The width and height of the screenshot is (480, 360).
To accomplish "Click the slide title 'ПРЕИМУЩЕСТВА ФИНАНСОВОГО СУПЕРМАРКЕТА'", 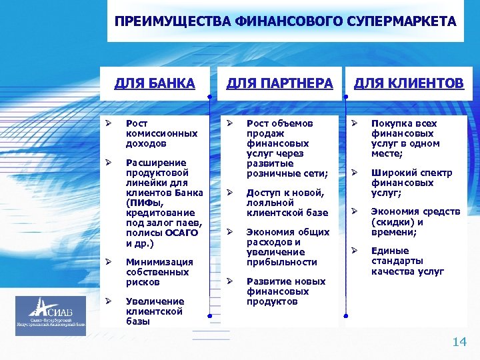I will tap(285, 21).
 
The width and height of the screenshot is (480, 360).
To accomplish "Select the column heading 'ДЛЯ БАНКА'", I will tap(155, 83).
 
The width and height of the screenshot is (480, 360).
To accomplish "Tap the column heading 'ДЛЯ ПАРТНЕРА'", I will tap(279, 83).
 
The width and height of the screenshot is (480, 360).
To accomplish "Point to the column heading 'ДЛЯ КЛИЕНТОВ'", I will tap(408, 83).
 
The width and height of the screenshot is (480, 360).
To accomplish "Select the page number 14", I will tap(459, 342).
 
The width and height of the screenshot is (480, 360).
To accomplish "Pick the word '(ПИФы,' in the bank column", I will tap(144, 203).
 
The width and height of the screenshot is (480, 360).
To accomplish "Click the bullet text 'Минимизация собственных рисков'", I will tap(159, 272).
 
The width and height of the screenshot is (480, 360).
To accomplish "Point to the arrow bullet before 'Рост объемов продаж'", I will tap(228, 123).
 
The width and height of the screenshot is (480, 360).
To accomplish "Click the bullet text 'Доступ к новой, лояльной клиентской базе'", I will tap(287, 203).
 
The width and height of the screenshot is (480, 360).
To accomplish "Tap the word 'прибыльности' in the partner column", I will tap(281, 262).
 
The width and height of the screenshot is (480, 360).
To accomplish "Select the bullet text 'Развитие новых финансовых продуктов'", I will tap(277, 291).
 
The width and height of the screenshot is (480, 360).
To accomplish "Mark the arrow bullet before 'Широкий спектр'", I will tap(355, 173).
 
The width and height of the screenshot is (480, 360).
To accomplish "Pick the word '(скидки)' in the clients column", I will tap(392, 222).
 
